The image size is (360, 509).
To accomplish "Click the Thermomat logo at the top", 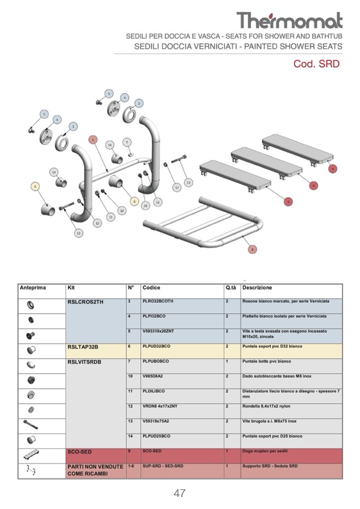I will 289,21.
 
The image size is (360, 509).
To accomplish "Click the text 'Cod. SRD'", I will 316,64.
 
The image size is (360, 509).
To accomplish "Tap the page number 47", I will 179,493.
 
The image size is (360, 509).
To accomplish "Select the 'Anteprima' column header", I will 33,288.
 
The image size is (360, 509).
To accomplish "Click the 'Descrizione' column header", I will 257,288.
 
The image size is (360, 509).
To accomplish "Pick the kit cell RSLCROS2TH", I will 84,301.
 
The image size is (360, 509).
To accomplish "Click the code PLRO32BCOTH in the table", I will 158,301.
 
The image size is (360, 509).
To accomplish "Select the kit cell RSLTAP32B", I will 83,347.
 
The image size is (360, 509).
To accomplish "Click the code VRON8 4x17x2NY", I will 161,406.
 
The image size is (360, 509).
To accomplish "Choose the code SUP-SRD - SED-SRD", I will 163,466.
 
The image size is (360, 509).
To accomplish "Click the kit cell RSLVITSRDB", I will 84,361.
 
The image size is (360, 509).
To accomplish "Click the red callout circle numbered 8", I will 252,249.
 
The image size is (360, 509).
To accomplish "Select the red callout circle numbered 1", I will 93,140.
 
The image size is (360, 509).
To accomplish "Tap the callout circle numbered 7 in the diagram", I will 127,142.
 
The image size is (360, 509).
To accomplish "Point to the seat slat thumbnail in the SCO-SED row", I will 30,455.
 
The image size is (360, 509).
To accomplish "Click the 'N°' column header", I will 131,288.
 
